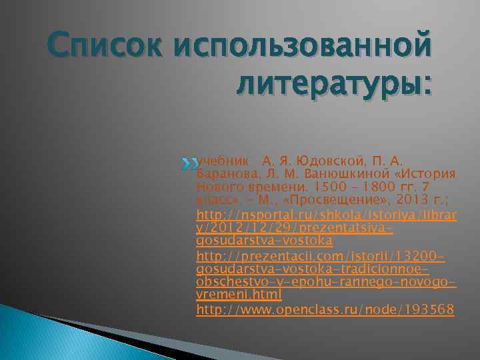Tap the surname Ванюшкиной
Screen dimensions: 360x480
click(x=341, y=174)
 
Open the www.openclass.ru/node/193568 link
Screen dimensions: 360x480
click(x=325, y=309)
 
